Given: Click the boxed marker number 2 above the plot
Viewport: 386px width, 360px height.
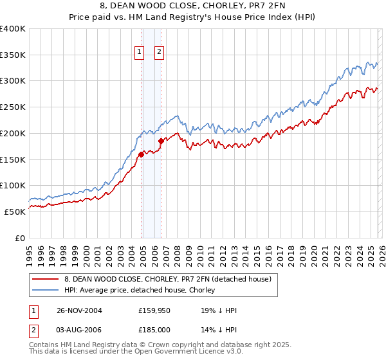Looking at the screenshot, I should [x=159, y=53].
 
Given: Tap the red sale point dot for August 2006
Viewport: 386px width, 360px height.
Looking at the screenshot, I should [x=161, y=141].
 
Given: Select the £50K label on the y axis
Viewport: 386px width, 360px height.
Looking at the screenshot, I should [x=15, y=212].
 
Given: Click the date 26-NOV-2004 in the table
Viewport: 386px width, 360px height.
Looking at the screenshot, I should [x=79, y=310].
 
